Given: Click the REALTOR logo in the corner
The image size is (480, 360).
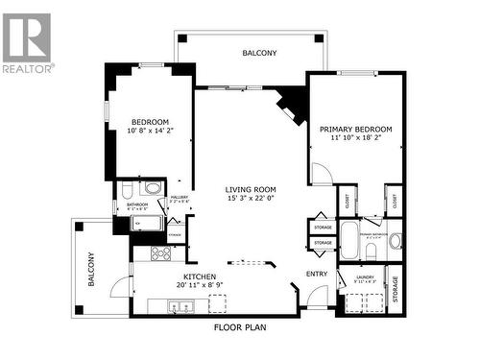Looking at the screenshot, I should pos(28,43).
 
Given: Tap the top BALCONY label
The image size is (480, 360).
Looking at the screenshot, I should pos(259,54).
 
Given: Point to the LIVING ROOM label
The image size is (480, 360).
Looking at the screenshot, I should pos(251,189).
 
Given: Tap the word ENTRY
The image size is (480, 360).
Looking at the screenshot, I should pos(316,275).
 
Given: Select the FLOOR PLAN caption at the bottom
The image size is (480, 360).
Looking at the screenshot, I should pos(240,326).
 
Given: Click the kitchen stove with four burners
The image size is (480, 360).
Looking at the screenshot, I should pos(160,253).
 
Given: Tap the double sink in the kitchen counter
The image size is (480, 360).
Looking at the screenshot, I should pos(180,306).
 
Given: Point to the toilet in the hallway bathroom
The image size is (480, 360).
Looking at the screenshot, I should pos(154,188).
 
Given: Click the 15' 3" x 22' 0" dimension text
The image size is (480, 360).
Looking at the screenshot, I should pos(251,199).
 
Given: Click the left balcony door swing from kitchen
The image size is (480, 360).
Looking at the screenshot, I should pos(118,283).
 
